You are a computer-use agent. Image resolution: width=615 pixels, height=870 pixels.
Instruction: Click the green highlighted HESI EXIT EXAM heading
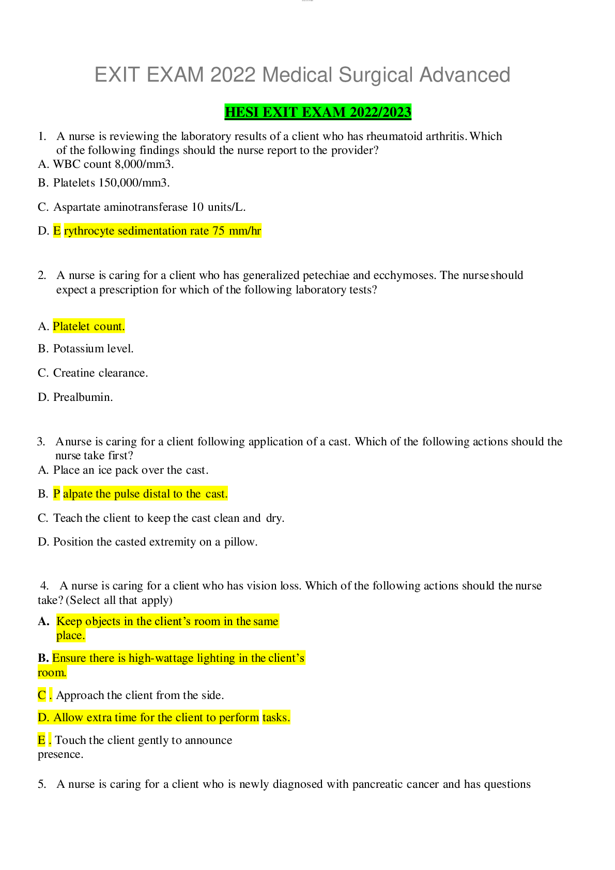[x=318, y=112]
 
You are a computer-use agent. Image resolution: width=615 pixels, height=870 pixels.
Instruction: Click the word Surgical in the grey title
[x=375, y=74]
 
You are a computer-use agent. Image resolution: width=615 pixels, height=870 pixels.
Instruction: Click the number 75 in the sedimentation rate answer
[x=218, y=231]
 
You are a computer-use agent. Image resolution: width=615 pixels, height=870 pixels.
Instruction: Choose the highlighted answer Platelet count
[x=88, y=327]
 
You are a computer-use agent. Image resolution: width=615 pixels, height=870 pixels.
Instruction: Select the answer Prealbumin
[x=83, y=397]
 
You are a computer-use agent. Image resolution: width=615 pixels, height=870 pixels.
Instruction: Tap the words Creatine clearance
[x=100, y=373]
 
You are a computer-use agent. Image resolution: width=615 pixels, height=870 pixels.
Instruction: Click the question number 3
[x=41, y=442]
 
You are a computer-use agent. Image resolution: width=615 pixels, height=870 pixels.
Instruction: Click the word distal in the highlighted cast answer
[x=157, y=494]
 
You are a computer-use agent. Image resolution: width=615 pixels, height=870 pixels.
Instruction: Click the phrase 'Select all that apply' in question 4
[x=119, y=600]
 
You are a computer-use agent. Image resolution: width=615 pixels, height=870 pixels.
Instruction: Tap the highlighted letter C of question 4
[x=41, y=695]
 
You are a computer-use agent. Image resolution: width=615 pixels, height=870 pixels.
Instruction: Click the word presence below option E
[x=60, y=754]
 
